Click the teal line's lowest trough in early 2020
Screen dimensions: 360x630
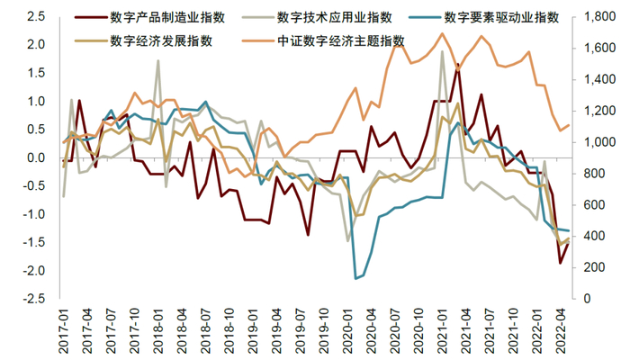click(x=355, y=278)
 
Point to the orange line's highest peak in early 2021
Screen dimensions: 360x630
click(x=442, y=34)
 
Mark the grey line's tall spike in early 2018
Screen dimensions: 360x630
click(x=158, y=60)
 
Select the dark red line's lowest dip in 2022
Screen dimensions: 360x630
click(x=561, y=263)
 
